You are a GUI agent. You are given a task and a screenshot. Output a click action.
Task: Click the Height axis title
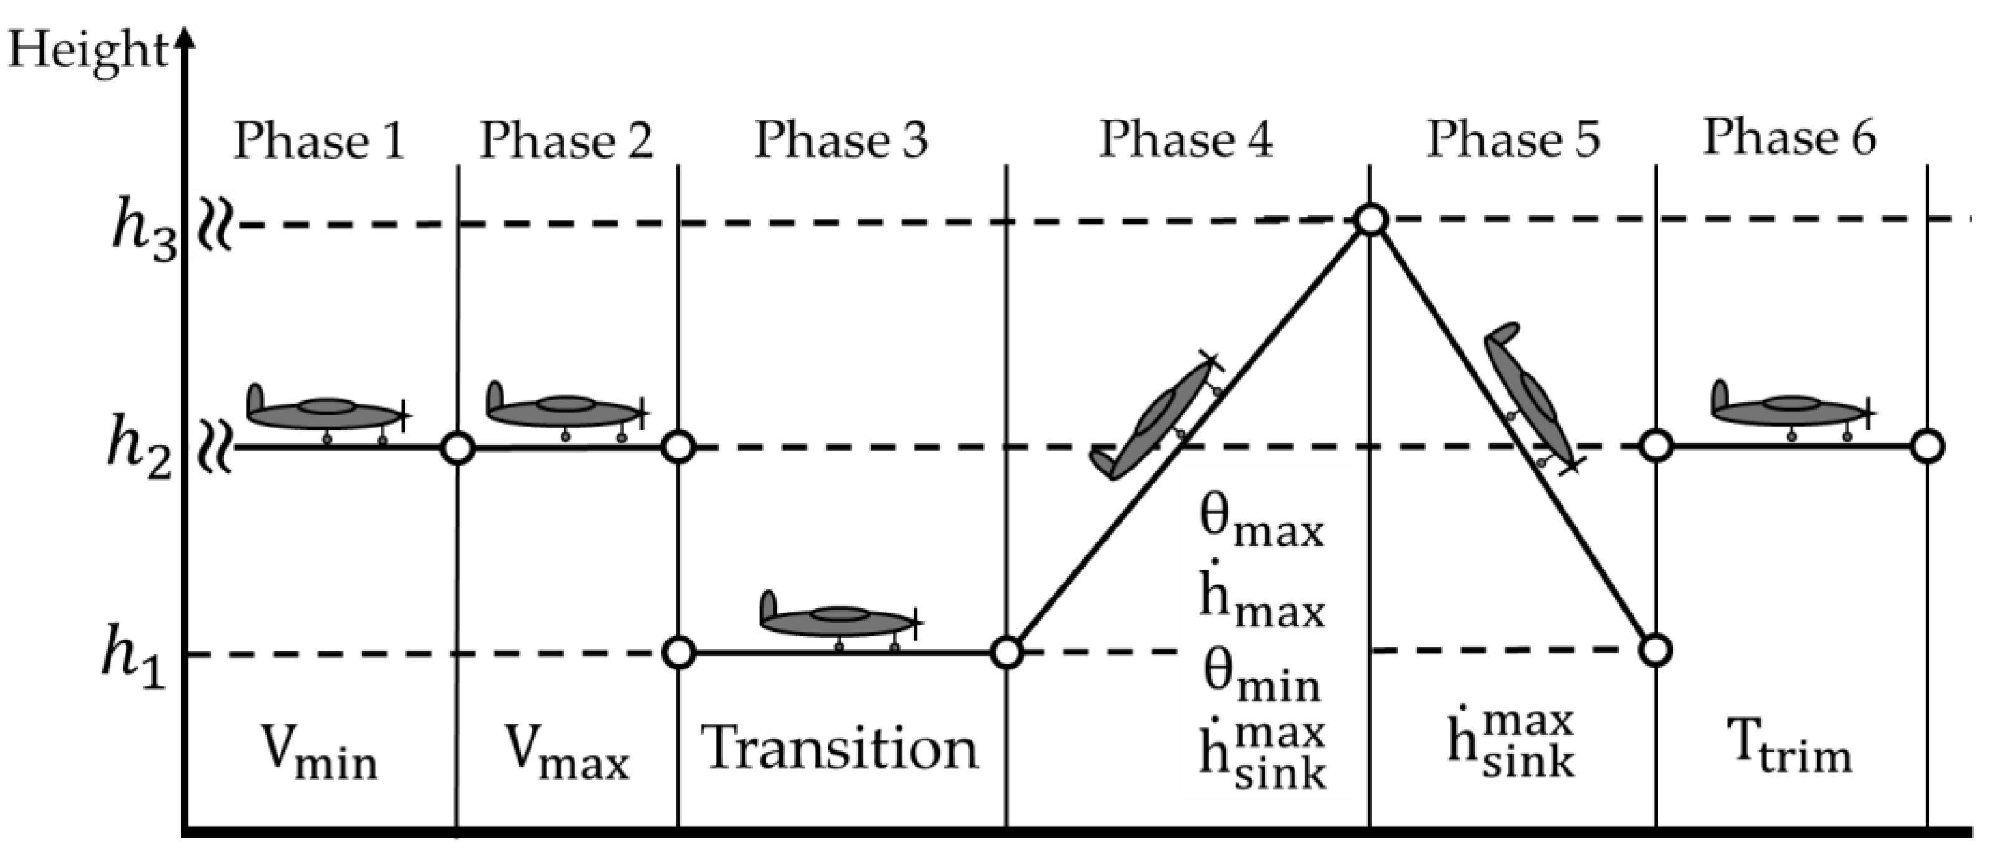tap(87, 51)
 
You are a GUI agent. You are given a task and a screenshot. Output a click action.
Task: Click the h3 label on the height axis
tap(144, 230)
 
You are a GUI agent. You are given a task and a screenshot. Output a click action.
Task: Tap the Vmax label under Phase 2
tap(567, 753)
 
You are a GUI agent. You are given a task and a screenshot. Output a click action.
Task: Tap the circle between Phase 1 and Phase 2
tap(458, 448)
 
